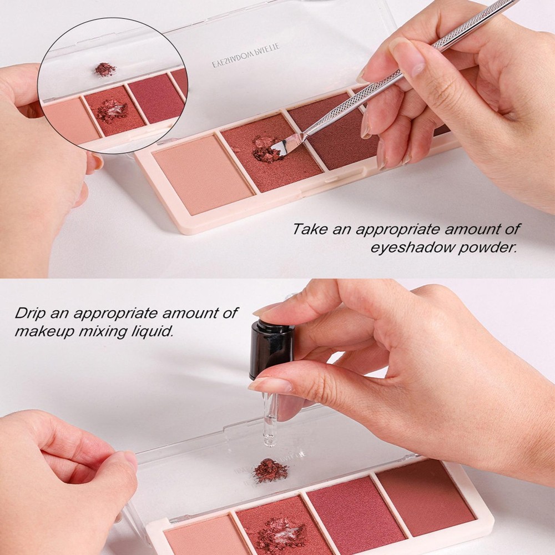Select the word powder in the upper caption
click(489, 246)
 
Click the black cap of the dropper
click(271, 347)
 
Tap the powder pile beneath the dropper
click(270, 471)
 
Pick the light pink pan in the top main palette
click(202, 173)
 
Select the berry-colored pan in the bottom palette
click(355, 513)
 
